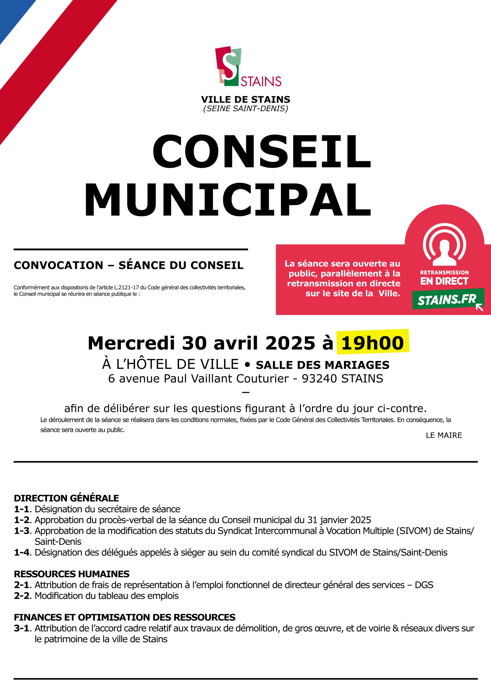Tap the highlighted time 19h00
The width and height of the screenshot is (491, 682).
(x=372, y=343)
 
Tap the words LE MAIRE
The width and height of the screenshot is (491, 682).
(x=444, y=435)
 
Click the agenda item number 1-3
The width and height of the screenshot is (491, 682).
(x=22, y=531)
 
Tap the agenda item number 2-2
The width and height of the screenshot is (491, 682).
(x=22, y=596)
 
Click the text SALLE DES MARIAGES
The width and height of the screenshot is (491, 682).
(x=323, y=365)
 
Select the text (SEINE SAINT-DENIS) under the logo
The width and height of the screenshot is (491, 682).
(x=245, y=108)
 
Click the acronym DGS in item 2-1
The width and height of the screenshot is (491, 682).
(x=424, y=585)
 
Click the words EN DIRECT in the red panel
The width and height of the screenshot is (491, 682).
(x=444, y=281)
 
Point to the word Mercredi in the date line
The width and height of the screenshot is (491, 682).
(x=131, y=343)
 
